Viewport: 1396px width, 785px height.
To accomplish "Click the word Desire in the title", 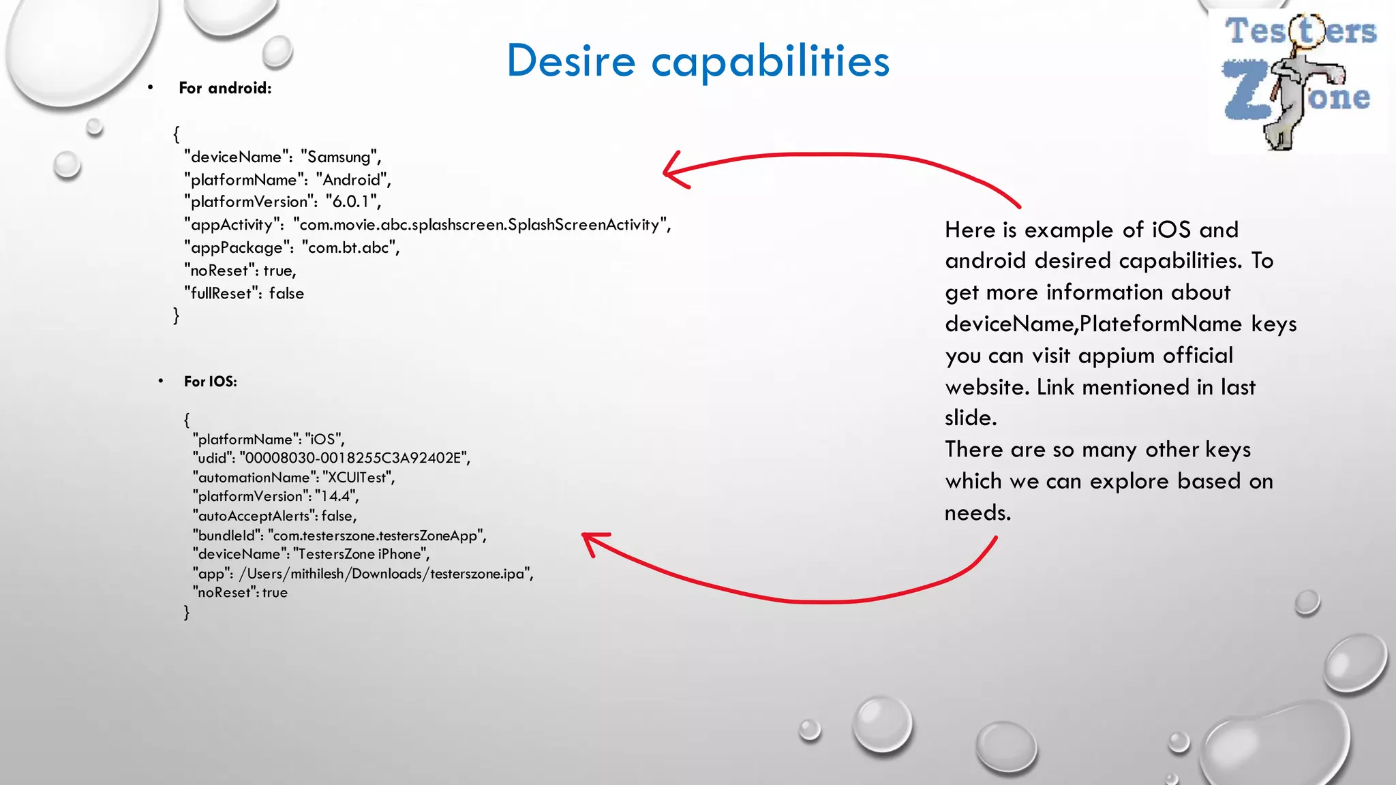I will coord(571,61).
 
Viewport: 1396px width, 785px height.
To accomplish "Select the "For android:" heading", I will coord(225,88).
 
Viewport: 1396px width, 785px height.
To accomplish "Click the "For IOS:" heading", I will coord(211,382).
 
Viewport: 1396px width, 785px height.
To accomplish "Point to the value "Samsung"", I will coord(339,157).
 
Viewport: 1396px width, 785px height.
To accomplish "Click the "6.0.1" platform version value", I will coord(352,202).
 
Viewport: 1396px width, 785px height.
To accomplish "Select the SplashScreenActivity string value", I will coord(481,225).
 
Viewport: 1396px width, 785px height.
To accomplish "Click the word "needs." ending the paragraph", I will coord(977,512).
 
